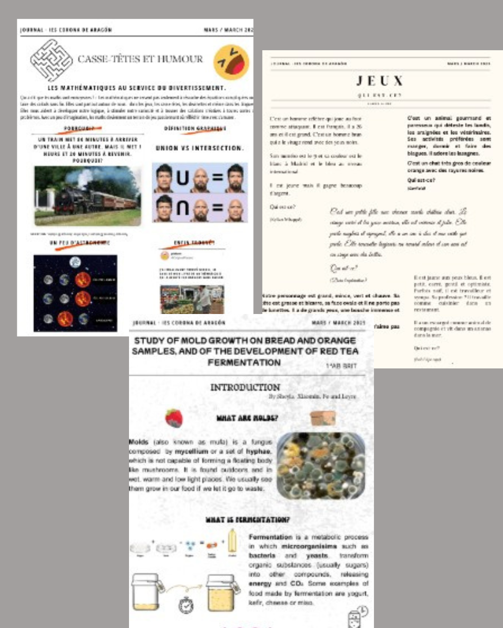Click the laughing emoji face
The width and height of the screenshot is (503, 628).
(231, 62)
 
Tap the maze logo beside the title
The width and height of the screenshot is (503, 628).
(51, 60)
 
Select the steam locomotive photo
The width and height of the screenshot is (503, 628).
(88, 196)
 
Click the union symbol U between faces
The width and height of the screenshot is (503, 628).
(183, 178)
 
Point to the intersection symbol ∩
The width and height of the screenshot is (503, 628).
(183, 207)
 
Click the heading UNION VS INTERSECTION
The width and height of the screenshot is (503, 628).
(199, 148)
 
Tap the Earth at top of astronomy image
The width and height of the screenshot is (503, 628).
(75, 262)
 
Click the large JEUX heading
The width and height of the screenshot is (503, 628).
(380, 81)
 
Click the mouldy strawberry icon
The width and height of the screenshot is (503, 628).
(174, 417)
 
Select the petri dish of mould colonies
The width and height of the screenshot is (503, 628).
(321, 465)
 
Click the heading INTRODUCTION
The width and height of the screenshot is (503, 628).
(245, 387)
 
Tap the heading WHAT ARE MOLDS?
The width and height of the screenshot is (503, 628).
(247, 418)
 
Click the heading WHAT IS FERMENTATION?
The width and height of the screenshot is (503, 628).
(247, 519)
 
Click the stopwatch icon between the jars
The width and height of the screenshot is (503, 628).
(186, 605)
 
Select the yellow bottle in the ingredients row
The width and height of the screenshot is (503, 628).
(232, 542)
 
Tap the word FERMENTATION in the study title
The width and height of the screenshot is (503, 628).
(244, 362)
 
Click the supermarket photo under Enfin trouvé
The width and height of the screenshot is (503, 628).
(192, 299)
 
